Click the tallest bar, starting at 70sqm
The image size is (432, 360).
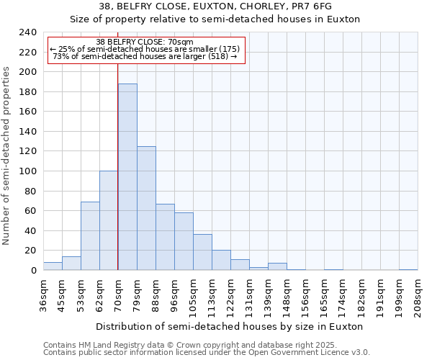tap(127, 177)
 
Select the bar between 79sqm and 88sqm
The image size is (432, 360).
tap(146, 208)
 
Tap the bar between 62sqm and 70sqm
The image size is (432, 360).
tap(109, 220)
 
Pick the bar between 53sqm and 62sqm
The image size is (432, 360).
tap(90, 236)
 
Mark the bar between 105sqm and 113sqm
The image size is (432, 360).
tap(202, 252)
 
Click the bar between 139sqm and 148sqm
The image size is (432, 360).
tap(277, 266)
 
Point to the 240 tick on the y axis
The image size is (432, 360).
tap(27, 32)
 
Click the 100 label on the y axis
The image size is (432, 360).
tap(27, 171)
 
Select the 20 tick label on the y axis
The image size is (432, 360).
tap(30, 251)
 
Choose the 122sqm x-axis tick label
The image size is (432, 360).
tap(230, 294)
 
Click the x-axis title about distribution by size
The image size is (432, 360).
tap(230, 326)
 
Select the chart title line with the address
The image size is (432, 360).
tap(215, 6)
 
